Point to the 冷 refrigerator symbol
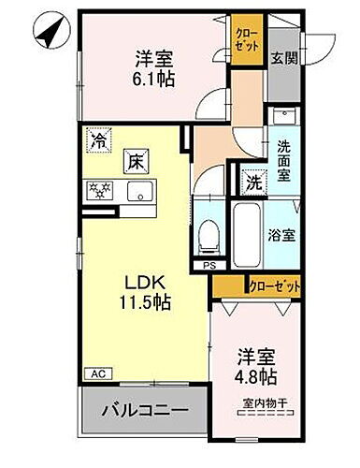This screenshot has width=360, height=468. pos(97,142)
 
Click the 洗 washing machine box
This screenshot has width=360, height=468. pos(253,181)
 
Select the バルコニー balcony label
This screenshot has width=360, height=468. pos(143,409)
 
